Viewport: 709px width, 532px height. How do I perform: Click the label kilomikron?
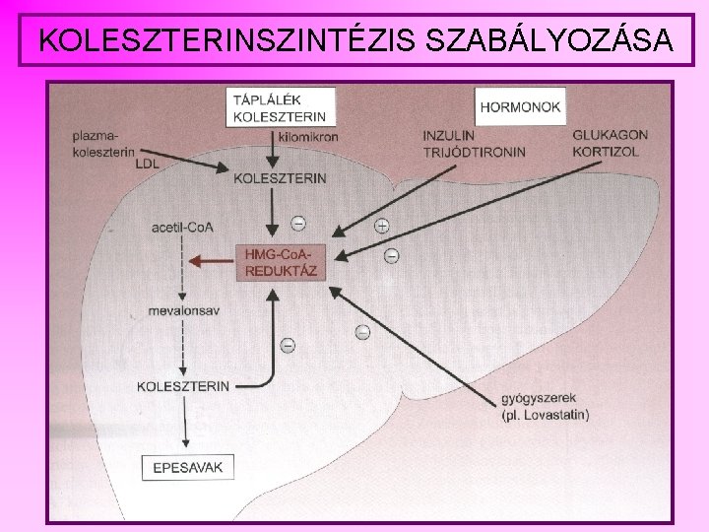[x=308, y=137]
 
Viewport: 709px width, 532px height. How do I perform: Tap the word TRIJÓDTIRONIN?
[x=474, y=153]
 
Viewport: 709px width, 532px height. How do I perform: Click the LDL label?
[x=148, y=165]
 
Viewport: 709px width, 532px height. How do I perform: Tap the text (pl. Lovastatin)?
[x=546, y=416]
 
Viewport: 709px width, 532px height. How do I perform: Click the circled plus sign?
[x=382, y=226]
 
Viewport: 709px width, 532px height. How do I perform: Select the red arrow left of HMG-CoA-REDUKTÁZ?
[x=212, y=261]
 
